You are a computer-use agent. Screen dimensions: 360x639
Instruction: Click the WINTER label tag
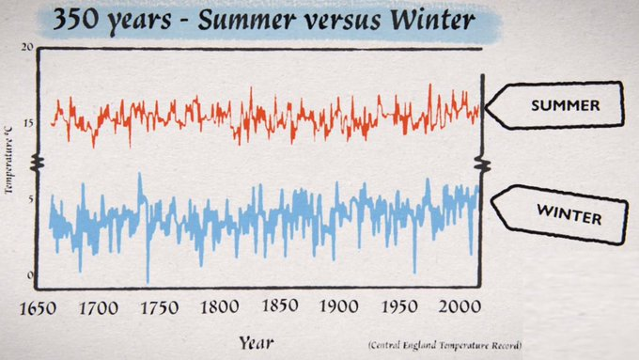click(560, 215)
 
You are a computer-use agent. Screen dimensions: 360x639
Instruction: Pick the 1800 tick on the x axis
click(220, 308)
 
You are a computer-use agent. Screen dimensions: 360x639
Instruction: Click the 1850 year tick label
click(280, 308)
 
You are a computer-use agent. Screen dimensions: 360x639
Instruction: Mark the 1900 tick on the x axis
click(339, 308)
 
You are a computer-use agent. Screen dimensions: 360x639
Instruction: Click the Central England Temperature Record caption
click(444, 346)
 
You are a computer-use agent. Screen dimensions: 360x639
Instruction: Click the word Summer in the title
click(246, 21)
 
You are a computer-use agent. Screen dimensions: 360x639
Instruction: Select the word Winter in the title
click(424, 21)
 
